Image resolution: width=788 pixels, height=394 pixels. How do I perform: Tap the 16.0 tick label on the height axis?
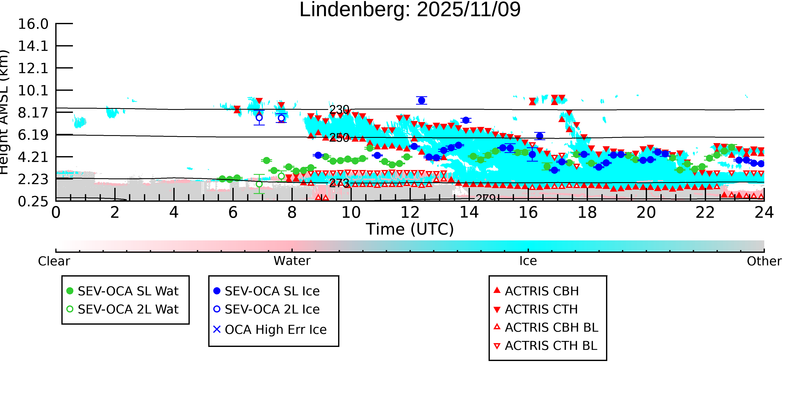pyautogui.click(x=33, y=24)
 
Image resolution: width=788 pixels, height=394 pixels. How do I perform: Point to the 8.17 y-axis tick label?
pyautogui.click(x=33, y=113)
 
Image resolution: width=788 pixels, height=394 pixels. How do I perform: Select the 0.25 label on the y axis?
pyautogui.click(x=33, y=202)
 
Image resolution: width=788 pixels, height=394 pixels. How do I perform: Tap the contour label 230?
pyautogui.click(x=339, y=109)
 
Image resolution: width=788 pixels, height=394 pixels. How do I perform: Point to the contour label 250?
pyautogui.click(x=339, y=138)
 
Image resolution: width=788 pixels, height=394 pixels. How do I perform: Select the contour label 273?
pyautogui.click(x=339, y=183)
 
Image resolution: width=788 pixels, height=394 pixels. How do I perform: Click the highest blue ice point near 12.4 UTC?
pyautogui.click(x=422, y=100)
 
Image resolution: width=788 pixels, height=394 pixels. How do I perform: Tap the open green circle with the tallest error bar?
pyautogui.click(x=259, y=184)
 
